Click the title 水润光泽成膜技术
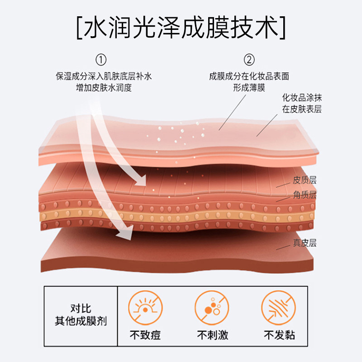[181, 28]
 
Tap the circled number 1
[102, 60]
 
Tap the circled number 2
[249, 60]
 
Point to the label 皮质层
[305, 180]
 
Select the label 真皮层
[305, 243]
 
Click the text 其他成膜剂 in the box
[81, 322]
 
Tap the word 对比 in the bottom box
[81, 309]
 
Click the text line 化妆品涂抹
[302, 98]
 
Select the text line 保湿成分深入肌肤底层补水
[104, 76]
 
